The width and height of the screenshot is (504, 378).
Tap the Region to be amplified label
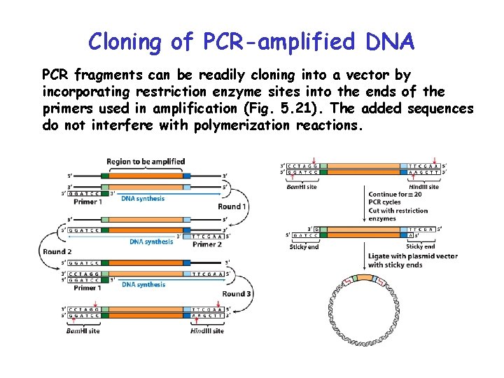point(146,162)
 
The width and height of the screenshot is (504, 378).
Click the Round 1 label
point(232,206)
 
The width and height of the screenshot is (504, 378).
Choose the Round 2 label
point(58,252)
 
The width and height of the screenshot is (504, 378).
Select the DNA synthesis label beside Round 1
point(143,198)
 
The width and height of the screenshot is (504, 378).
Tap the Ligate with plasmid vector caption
point(412,260)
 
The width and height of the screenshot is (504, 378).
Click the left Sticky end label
point(304,246)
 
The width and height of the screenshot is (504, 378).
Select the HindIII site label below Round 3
point(206,330)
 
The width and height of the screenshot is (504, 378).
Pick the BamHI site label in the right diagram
point(302,187)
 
